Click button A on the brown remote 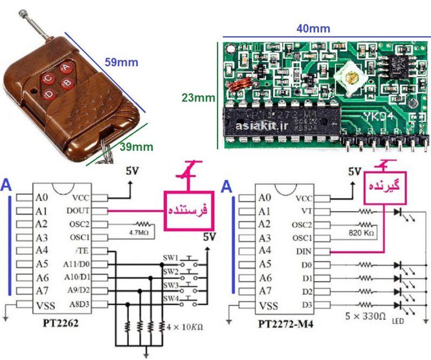pos(66,67)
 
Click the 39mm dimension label pos(135,147)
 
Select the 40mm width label pos(313,29)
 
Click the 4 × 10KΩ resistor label pos(185,326)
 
